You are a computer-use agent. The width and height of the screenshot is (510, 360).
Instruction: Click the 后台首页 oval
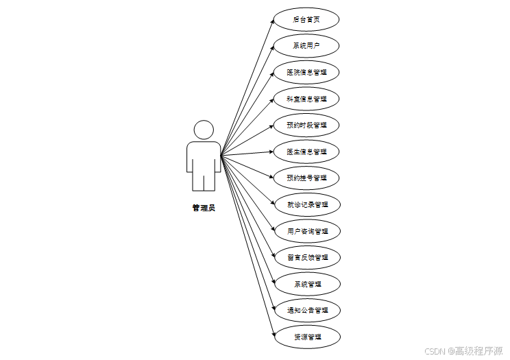coord(306,19)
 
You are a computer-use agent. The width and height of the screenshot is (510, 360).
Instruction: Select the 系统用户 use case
coord(306,46)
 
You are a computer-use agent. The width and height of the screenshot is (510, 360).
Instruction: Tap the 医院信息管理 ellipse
coord(306,72)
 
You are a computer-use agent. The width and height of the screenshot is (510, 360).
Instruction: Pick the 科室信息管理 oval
coord(306,99)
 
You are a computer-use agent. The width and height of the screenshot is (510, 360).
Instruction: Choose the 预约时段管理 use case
coord(306,125)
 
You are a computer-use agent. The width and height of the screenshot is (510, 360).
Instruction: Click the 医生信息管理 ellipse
coord(306,152)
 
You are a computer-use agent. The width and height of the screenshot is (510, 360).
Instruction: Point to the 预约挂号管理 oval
coord(306,178)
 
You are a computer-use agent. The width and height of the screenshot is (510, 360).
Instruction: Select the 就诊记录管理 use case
coord(306,204)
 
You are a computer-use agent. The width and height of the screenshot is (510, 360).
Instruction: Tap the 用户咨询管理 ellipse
coord(306,230)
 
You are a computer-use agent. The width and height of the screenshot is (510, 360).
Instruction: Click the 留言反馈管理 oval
coord(306,257)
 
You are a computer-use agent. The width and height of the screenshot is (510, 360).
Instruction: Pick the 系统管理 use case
coord(306,283)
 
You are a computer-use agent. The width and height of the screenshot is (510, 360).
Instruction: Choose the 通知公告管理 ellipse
coord(306,310)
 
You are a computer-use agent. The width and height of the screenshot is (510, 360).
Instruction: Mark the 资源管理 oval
coord(306,336)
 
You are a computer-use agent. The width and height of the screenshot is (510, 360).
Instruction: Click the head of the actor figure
coord(204,130)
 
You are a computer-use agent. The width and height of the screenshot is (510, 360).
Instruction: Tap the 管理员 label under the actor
coord(204,208)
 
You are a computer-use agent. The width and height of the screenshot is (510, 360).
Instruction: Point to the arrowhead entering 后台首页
coord(272,21)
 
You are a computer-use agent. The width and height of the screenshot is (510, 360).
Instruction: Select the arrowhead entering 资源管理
coord(272,335)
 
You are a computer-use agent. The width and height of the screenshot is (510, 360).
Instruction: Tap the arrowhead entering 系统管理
coord(271,282)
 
